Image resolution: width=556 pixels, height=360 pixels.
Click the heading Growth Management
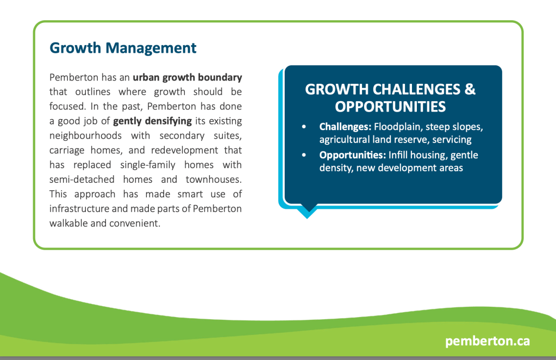123,48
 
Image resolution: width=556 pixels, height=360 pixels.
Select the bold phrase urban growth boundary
187,78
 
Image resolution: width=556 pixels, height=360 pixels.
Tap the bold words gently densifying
153,121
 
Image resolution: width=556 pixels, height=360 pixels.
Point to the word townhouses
214,179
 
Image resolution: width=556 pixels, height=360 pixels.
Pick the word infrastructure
79,209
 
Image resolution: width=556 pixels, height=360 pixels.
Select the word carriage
67,151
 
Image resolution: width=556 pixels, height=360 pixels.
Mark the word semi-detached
82,179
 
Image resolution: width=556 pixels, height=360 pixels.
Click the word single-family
148,165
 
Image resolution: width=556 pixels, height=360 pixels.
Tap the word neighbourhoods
85,136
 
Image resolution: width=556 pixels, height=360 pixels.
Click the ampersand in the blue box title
470,89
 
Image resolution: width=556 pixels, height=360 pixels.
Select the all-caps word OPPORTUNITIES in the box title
390,107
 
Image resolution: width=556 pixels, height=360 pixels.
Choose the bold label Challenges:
345,127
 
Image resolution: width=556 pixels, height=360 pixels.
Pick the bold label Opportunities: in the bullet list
353,156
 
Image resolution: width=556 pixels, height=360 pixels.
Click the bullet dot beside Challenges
304,127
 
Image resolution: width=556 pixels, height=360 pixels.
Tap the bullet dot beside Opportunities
304,155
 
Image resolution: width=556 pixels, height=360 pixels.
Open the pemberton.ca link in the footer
488,341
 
